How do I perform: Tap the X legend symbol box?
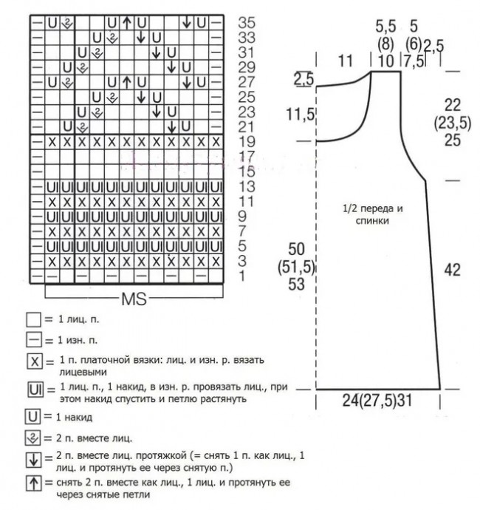(33, 362)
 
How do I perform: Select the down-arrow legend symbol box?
(33, 460)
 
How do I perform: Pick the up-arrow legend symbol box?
(33, 484)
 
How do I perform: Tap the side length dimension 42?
(453, 271)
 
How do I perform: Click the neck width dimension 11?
(345, 62)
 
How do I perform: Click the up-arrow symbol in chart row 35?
(127, 22)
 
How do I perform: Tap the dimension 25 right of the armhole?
(453, 140)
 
